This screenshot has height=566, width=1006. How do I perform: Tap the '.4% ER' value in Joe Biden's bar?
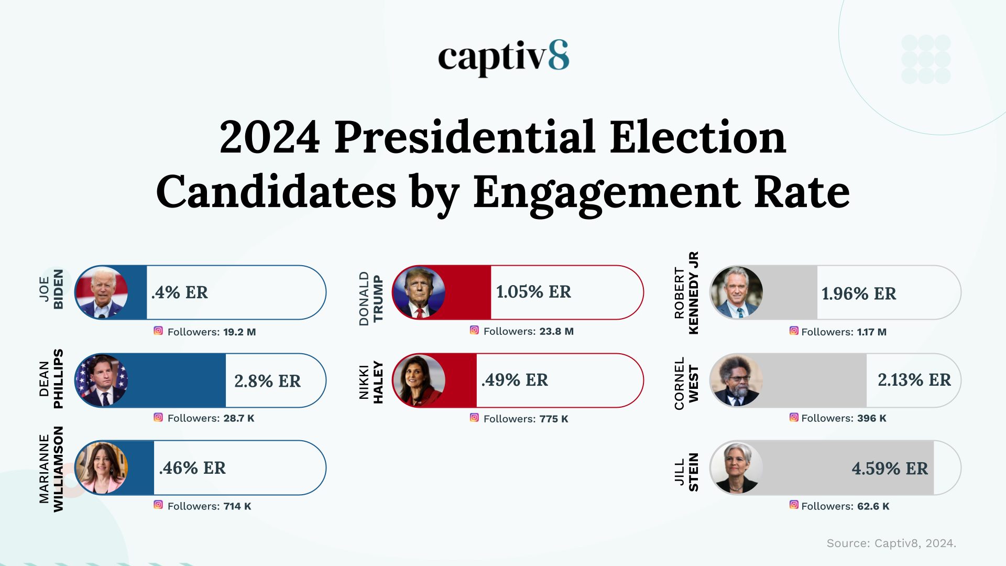pos(180,292)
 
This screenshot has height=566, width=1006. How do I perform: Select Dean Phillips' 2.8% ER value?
pos(267,381)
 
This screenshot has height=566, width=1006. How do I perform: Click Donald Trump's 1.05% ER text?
pos(533,292)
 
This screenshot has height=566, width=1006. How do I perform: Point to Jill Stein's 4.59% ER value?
pos(890,469)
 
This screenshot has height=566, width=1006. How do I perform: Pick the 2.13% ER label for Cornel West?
pos(914,380)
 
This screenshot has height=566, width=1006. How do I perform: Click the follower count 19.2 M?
pos(239,332)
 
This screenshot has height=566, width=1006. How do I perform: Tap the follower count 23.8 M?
pos(556,332)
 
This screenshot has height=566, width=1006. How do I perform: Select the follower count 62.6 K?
pos(873,507)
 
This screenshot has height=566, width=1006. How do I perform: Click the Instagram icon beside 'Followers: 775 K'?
pos(474,418)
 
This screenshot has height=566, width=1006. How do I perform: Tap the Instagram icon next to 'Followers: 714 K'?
pos(158,505)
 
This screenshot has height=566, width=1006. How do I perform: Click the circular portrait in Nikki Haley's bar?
pos(419,381)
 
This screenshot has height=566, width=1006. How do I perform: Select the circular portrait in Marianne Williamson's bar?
pos(102,468)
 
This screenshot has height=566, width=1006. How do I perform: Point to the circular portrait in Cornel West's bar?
pos(736,381)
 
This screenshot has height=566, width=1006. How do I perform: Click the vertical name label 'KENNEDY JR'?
pos(693,293)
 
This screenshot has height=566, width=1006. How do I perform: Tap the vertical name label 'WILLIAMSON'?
pos(58,469)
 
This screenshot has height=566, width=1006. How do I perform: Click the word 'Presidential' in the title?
pos(464,137)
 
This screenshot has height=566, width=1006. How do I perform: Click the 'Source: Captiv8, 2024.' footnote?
pos(891,543)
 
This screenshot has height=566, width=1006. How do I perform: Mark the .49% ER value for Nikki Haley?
pos(515,380)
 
